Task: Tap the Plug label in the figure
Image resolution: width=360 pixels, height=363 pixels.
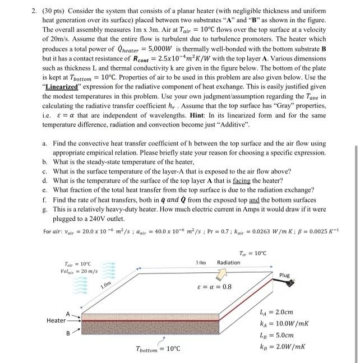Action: point(285,275)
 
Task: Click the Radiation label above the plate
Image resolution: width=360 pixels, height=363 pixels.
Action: point(228,262)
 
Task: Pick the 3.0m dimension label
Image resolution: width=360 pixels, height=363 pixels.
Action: point(201,262)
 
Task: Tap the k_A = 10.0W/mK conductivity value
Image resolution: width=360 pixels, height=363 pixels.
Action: point(290,323)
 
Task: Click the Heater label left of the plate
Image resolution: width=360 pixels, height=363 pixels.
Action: point(56,320)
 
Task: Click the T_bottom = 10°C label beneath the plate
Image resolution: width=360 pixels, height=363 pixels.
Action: point(159,349)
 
